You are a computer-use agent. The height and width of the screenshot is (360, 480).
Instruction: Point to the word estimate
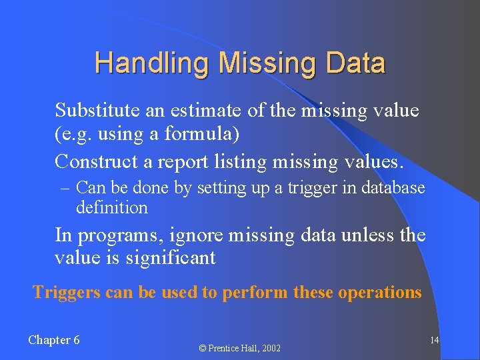[204, 110]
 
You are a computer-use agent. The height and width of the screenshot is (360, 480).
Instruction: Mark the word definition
[111, 207]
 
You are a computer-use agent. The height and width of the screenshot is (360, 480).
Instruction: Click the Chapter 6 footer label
[54, 340]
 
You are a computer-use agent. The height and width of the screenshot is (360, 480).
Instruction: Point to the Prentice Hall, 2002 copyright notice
[239, 348]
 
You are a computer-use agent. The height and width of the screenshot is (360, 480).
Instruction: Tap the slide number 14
[434, 340]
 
